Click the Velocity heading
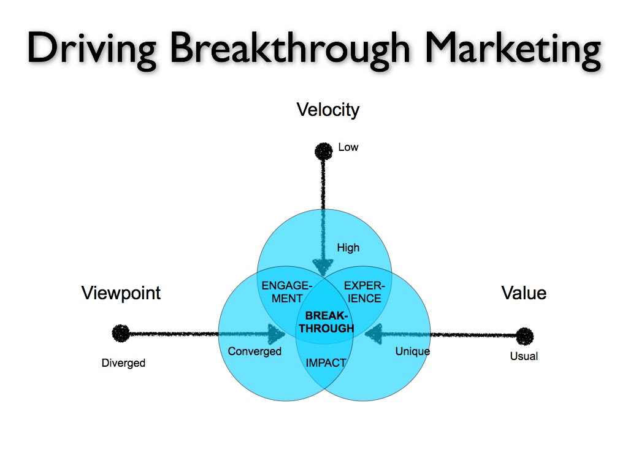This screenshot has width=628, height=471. (x=327, y=110)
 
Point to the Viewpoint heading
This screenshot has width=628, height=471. (x=121, y=293)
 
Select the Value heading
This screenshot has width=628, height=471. (x=524, y=293)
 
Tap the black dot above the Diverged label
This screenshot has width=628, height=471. (x=121, y=334)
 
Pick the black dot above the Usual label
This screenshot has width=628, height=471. (x=524, y=336)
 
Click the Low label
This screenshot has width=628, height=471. (x=348, y=147)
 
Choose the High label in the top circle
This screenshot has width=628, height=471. (x=348, y=248)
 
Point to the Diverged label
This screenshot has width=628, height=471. (x=123, y=363)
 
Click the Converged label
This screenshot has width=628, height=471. (x=255, y=351)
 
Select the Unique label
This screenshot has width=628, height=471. (x=412, y=351)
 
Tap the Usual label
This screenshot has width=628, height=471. (x=524, y=356)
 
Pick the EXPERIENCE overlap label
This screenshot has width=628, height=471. (x=364, y=292)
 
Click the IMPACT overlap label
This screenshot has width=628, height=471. (x=326, y=362)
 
